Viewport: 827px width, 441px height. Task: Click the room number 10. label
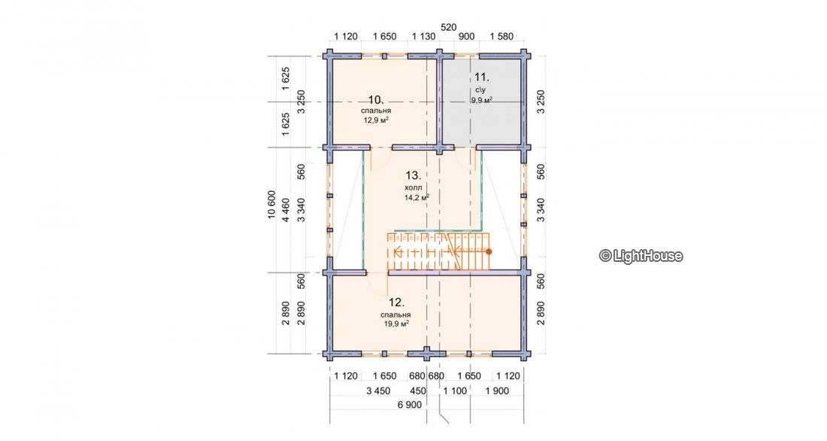(375, 100)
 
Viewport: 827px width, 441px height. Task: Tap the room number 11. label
(482, 77)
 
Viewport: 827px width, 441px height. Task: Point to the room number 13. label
(413, 175)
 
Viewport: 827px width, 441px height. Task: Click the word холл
(413, 187)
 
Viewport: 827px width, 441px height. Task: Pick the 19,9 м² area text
(397, 324)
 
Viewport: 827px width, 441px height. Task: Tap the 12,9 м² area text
(376, 120)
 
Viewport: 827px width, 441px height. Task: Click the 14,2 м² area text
(417, 197)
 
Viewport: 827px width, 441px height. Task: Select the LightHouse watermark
(641, 256)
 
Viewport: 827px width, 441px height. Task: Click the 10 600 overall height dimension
(272, 205)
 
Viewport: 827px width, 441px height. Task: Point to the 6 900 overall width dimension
(410, 404)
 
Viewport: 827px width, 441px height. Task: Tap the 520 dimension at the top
(449, 27)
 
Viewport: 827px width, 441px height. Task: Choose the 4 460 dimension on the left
(286, 210)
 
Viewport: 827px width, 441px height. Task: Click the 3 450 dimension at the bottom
(378, 391)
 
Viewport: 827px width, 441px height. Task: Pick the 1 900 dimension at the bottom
(497, 391)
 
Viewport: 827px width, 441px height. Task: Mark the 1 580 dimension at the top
(501, 36)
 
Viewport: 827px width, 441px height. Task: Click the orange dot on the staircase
(489, 252)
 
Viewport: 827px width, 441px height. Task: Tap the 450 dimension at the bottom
(418, 391)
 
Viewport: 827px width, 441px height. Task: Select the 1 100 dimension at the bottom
(455, 391)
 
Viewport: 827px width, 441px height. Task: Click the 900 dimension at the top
(467, 36)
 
